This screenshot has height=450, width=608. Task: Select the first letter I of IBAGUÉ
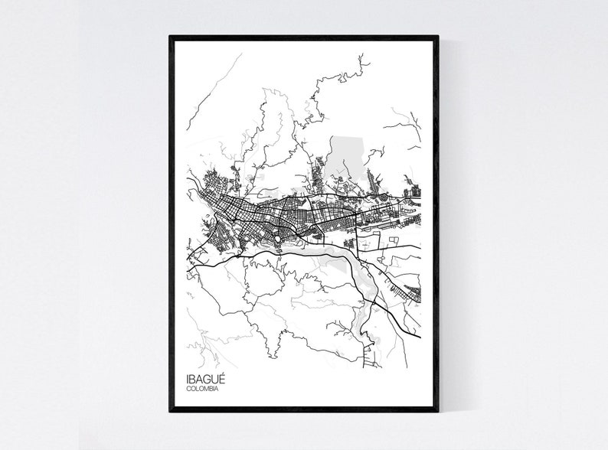pos(187,378)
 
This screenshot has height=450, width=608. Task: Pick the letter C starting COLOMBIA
pos(188,389)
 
